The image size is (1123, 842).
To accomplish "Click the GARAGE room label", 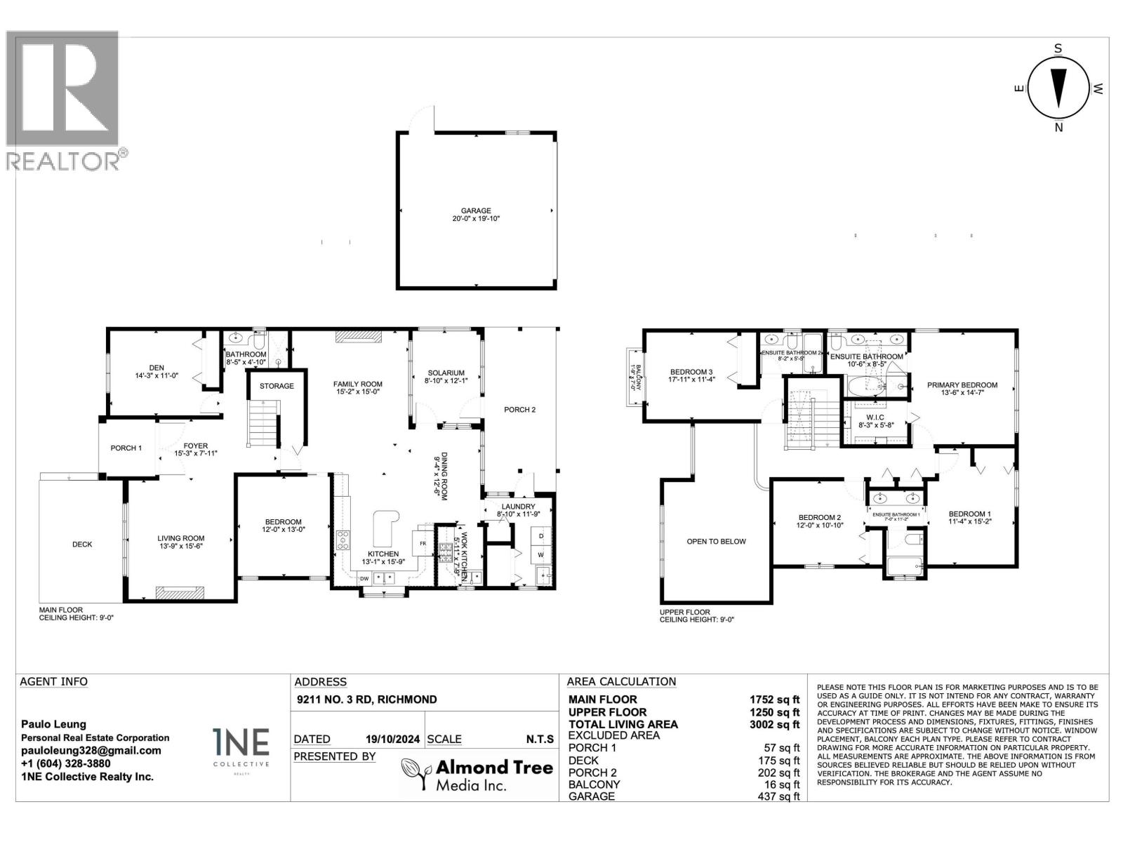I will [x=476, y=210].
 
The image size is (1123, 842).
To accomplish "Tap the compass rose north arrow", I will [x=1058, y=88].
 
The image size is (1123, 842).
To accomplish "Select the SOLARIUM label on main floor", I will [x=445, y=373].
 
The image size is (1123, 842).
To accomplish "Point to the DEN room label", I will [x=157, y=368].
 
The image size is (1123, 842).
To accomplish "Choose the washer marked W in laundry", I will [x=540, y=554].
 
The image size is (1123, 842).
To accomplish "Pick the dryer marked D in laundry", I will [x=540, y=536].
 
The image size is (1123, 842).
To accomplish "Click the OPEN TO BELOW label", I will [x=716, y=542].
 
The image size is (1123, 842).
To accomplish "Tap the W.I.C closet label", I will [x=875, y=417].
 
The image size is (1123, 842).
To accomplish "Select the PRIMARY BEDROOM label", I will [x=962, y=385].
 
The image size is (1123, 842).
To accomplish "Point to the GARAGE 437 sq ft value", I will [x=781, y=796].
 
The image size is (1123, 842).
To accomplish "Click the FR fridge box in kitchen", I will [x=423, y=544].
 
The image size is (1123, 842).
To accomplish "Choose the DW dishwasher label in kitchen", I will [x=364, y=579].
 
